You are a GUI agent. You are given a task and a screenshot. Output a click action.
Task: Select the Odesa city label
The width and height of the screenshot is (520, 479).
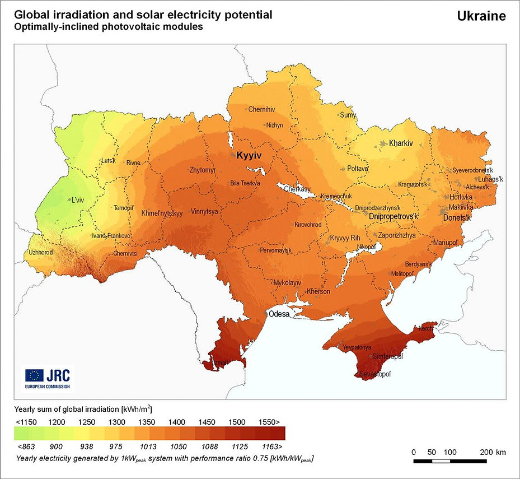click(x=279, y=314)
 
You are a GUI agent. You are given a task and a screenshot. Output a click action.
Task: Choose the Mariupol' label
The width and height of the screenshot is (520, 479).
click(x=446, y=242)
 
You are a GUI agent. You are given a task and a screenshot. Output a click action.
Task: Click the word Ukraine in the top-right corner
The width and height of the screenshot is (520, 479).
click(x=481, y=16)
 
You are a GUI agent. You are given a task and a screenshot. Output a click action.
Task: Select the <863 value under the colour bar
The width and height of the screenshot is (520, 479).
click(x=26, y=447)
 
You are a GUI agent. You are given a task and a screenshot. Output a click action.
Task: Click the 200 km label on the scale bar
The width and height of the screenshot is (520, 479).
click(x=493, y=452)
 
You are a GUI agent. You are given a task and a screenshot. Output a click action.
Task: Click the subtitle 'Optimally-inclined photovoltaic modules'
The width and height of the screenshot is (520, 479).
click(x=109, y=27)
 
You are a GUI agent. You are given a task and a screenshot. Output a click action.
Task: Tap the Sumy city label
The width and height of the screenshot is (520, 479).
click(x=348, y=115)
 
